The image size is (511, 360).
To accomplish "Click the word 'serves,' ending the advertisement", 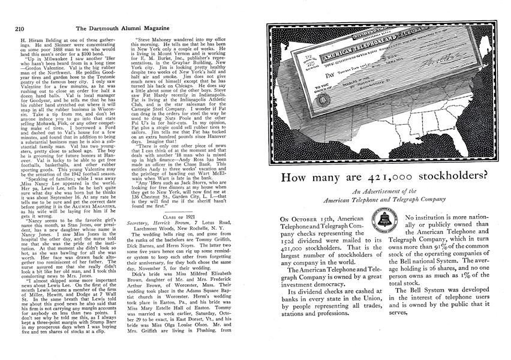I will click(403, 311).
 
